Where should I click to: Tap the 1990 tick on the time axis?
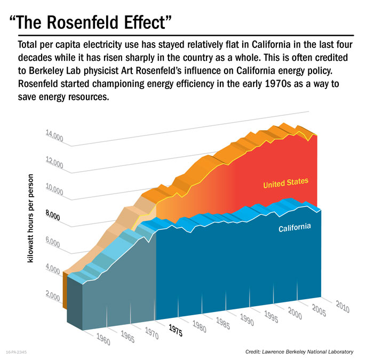click(x=246, y=320)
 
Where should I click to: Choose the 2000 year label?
click(x=295, y=314)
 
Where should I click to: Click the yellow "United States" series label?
click(x=285, y=183)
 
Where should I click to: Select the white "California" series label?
click(x=295, y=228)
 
